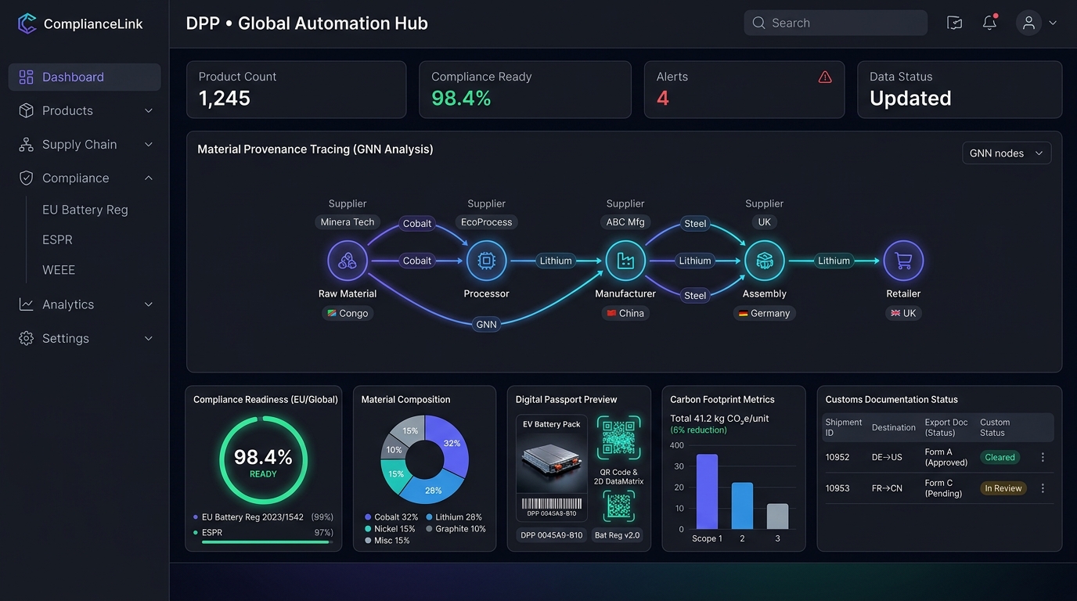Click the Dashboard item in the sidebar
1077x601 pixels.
pyautogui.click(x=85, y=77)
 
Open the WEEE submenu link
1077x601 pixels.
pyautogui.click(x=59, y=270)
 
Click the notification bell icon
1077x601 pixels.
pyautogui.click(x=989, y=23)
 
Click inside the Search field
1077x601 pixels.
pyautogui.click(x=836, y=23)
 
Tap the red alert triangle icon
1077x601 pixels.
pyautogui.click(x=825, y=77)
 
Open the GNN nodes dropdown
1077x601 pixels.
pyautogui.click(x=1007, y=153)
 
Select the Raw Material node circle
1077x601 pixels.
pyautogui.click(x=348, y=261)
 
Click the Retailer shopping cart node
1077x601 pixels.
pyautogui.click(x=903, y=261)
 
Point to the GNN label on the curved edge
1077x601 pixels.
pyautogui.click(x=486, y=325)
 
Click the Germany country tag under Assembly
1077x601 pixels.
pyautogui.click(x=765, y=313)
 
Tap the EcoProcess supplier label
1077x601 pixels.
pyautogui.click(x=486, y=222)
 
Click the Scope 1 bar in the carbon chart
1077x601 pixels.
pyautogui.click(x=707, y=491)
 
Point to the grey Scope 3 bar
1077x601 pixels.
pyautogui.click(x=777, y=516)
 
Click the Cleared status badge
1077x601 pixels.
pyautogui.click(x=1000, y=457)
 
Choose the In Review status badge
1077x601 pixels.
pyautogui.click(x=1003, y=488)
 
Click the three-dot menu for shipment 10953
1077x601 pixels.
pyautogui.click(x=1043, y=488)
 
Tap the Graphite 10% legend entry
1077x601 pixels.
pyautogui.click(x=456, y=529)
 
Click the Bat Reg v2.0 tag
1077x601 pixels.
pyautogui.click(x=617, y=535)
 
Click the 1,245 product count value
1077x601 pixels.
pyautogui.click(x=224, y=99)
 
